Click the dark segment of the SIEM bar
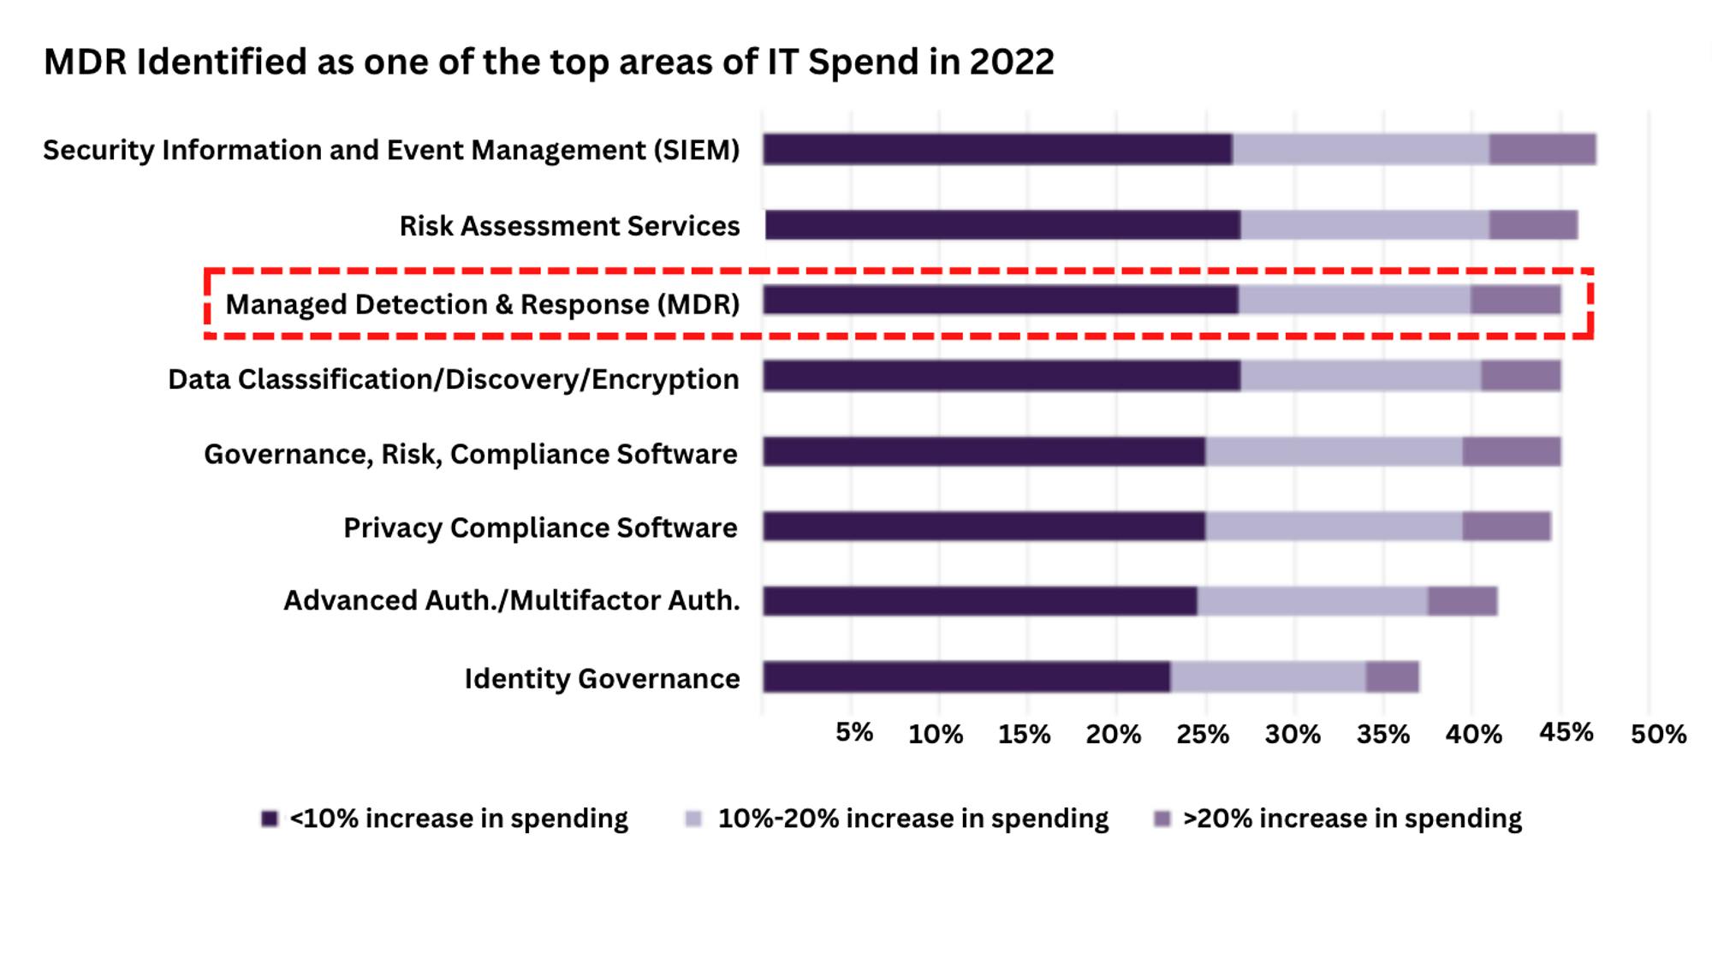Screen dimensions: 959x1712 pos(997,150)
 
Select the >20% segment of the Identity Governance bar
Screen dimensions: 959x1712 pos(1392,677)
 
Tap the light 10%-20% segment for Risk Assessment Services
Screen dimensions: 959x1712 pos(1364,225)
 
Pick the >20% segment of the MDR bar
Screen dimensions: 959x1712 pos(1515,301)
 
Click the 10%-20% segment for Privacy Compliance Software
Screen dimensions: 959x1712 pos(1334,527)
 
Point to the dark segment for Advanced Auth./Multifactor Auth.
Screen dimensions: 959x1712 pos(980,601)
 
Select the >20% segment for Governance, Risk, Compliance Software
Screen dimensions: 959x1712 pos(1511,451)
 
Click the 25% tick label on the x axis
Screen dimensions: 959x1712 pos(1203,735)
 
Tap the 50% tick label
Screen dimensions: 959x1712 pos(1658,735)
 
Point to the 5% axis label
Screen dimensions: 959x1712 pos(854,733)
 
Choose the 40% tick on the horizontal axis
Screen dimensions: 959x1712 pos(1473,735)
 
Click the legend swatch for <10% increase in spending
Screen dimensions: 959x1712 pos(270,819)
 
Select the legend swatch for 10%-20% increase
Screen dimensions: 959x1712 pos(693,819)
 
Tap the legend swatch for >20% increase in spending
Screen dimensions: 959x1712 pos(1162,819)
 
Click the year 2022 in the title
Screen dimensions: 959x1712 pos(1011,63)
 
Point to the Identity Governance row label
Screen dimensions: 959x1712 pos(602,679)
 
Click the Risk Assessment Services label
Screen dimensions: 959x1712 pos(569,226)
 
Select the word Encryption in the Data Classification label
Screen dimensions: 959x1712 pos(664,379)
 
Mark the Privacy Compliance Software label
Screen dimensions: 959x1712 pos(540,528)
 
